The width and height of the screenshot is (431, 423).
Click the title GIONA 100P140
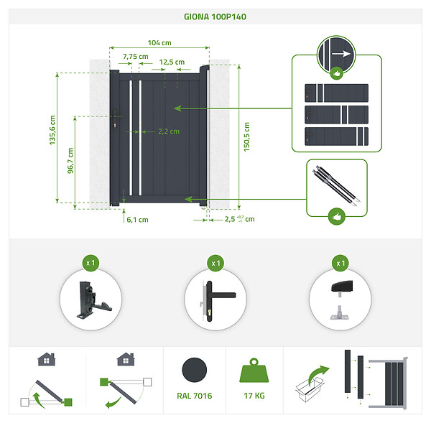click(215, 17)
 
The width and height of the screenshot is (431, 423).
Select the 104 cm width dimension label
click(159, 43)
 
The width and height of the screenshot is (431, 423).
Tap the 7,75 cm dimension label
click(136, 57)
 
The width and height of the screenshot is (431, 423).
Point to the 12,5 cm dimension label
click(172, 62)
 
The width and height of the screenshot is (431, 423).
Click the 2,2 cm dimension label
click(169, 131)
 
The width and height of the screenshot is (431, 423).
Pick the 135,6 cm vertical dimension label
click(52, 130)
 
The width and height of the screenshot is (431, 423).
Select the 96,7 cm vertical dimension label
click(70, 161)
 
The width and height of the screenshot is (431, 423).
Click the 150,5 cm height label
click(246, 136)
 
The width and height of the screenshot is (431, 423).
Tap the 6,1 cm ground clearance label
click(137, 220)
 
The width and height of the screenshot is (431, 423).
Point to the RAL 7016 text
click(195, 396)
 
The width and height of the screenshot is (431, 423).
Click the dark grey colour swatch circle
click(195, 370)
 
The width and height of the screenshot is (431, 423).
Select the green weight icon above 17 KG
click(254, 371)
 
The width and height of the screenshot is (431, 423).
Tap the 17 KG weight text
click(254, 396)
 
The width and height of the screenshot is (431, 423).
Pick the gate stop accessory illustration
click(341, 300)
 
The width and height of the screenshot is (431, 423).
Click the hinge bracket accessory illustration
click(93, 300)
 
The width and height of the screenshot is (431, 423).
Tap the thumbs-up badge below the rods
click(337, 217)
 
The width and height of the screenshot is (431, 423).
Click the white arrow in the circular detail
click(341, 54)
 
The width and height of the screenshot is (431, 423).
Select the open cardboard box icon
click(310, 389)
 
